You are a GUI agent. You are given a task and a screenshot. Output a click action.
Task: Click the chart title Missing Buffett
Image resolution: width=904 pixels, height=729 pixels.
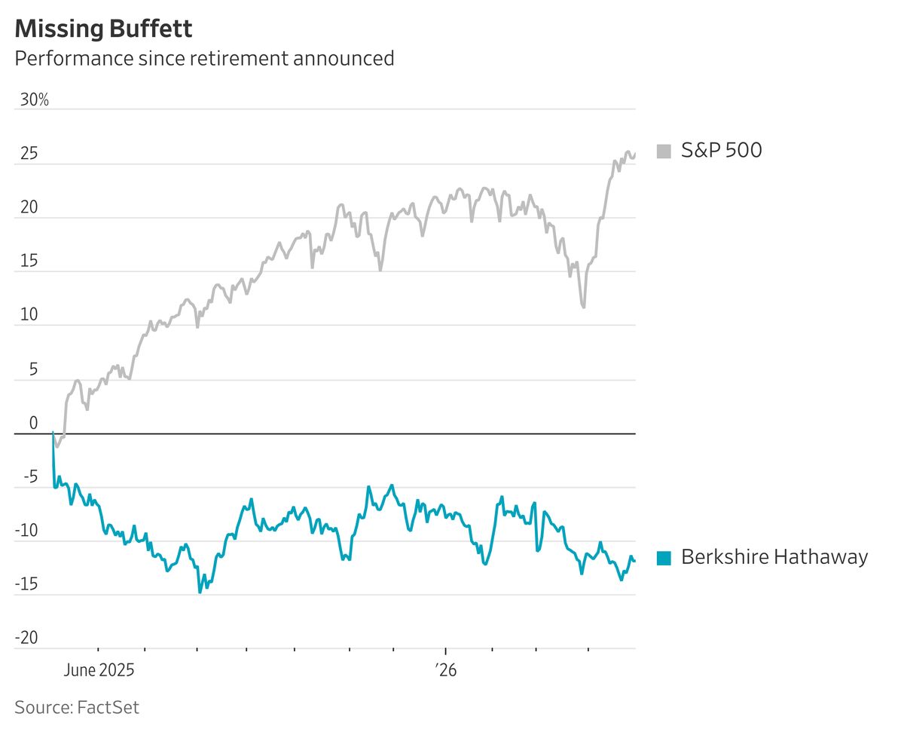(x=103, y=29)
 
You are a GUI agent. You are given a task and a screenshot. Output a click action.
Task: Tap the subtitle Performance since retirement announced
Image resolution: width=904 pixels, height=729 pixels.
(x=205, y=58)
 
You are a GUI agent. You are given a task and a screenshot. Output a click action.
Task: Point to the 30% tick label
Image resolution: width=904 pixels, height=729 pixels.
(x=35, y=100)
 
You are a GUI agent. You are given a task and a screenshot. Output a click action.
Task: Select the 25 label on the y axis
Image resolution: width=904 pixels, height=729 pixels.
(x=29, y=154)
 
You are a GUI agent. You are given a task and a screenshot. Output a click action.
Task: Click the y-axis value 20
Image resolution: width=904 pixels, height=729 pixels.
(x=29, y=207)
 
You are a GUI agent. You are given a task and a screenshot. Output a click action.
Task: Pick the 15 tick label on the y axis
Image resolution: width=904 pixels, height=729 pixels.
(x=29, y=261)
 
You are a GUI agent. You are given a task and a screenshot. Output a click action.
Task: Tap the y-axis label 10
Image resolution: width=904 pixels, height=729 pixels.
(x=29, y=314)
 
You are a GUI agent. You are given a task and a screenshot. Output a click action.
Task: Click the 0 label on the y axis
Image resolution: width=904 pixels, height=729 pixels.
(x=34, y=422)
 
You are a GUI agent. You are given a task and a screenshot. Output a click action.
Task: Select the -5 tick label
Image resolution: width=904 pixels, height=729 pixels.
(x=31, y=476)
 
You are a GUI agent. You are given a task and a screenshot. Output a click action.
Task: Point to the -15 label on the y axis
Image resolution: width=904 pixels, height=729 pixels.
(x=26, y=584)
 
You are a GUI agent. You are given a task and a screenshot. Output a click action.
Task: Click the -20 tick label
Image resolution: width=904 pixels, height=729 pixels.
(x=26, y=638)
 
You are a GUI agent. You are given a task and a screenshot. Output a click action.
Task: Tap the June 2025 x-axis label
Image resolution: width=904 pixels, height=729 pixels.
(x=99, y=670)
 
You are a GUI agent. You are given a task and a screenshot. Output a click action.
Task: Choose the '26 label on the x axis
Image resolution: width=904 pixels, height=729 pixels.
(x=446, y=670)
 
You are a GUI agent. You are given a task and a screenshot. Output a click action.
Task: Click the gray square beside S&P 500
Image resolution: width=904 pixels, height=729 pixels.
(x=664, y=152)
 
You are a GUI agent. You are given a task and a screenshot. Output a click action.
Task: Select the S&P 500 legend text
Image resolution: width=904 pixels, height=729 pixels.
(x=721, y=150)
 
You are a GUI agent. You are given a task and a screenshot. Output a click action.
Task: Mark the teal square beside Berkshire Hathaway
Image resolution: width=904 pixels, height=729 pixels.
(x=664, y=558)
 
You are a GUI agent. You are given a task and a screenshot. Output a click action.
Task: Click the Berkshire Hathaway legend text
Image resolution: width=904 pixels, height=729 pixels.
(x=774, y=557)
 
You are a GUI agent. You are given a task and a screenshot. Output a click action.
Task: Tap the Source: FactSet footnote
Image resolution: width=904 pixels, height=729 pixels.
(x=77, y=708)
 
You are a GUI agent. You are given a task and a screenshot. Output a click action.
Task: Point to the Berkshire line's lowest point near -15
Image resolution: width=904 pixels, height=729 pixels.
(x=200, y=593)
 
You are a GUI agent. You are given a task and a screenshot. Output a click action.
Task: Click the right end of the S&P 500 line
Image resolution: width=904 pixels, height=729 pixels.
(x=635, y=155)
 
